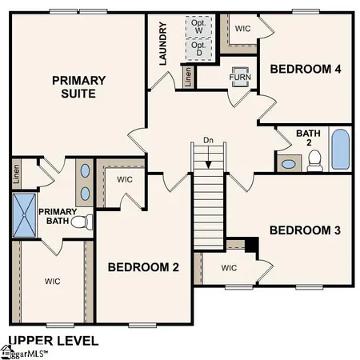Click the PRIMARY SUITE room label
click(x=79, y=86)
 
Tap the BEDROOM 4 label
click(x=306, y=70)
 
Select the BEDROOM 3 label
click(x=305, y=230)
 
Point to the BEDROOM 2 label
click(x=143, y=266)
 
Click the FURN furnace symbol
click(x=240, y=78)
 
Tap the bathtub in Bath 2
click(x=340, y=150)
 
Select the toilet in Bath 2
click(x=314, y=160)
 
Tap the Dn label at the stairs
click(x=208, y=141)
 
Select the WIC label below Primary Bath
click(x=53, y=281)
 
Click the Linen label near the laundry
click(x=187, y=77)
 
